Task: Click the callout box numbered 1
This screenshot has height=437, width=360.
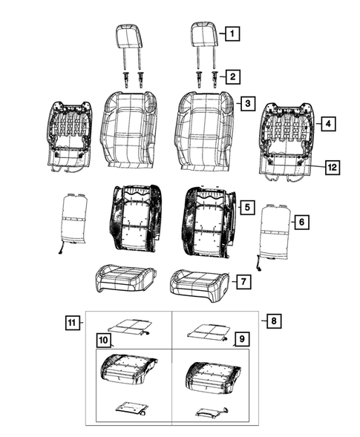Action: [233, 33]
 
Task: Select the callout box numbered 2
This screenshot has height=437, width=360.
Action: [233, 76]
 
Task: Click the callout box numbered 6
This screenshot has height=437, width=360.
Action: [301, 221]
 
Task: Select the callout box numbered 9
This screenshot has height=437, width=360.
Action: [240, 340]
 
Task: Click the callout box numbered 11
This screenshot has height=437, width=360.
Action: [71, 323]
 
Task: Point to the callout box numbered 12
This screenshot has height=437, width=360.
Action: [332, 168]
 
